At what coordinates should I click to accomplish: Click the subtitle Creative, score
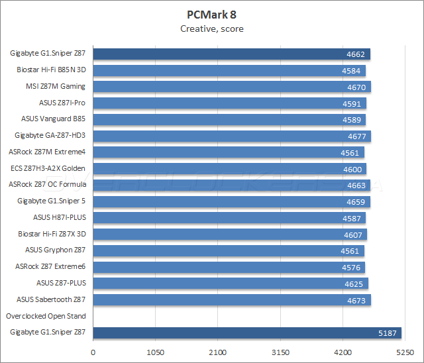(x=212, y=28)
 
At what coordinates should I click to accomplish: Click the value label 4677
(x=357, y=136)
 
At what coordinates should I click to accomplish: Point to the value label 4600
(x=352, y=169)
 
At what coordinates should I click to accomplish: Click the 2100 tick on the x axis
(x=218, y=352)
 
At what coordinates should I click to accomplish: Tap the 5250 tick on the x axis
(x=405, y=352)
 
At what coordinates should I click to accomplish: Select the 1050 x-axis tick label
(x=156, y=352)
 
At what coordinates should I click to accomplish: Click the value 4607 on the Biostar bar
(x=353, y=234)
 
